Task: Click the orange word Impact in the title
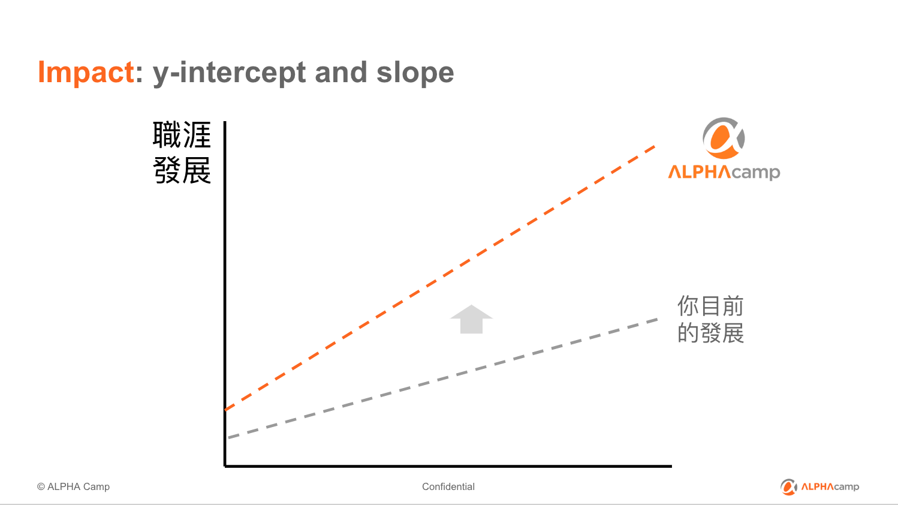pos(86,72)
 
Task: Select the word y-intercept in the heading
pos(230,73)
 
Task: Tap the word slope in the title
pos(415,73)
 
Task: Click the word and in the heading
pos(341,72)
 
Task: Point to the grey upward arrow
pos(471,319)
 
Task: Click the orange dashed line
pos(440,278)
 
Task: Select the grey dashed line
pos(442,378)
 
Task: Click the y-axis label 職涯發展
pos(182,152)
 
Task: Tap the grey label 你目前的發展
pos(710,319)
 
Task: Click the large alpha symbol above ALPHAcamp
pos(724,138)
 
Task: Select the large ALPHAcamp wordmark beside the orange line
pos(724,172)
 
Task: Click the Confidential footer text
pos(448,486)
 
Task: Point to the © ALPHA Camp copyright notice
pos(73,486)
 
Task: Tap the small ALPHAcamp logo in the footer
pos(820,486)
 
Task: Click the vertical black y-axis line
pos(225,294)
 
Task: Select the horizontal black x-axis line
pos(448,466)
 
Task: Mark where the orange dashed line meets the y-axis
pos(226,410)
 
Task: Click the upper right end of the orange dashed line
pos(655,146)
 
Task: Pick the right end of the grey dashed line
pos(658,319)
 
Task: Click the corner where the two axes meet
pos(225,466)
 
